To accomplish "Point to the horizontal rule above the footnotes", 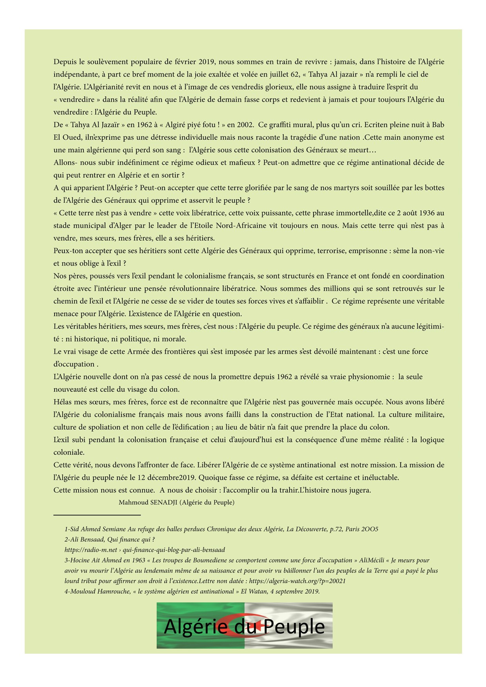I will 97,515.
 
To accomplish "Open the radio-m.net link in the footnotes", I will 145,550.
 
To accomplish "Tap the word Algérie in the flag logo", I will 196,627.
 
